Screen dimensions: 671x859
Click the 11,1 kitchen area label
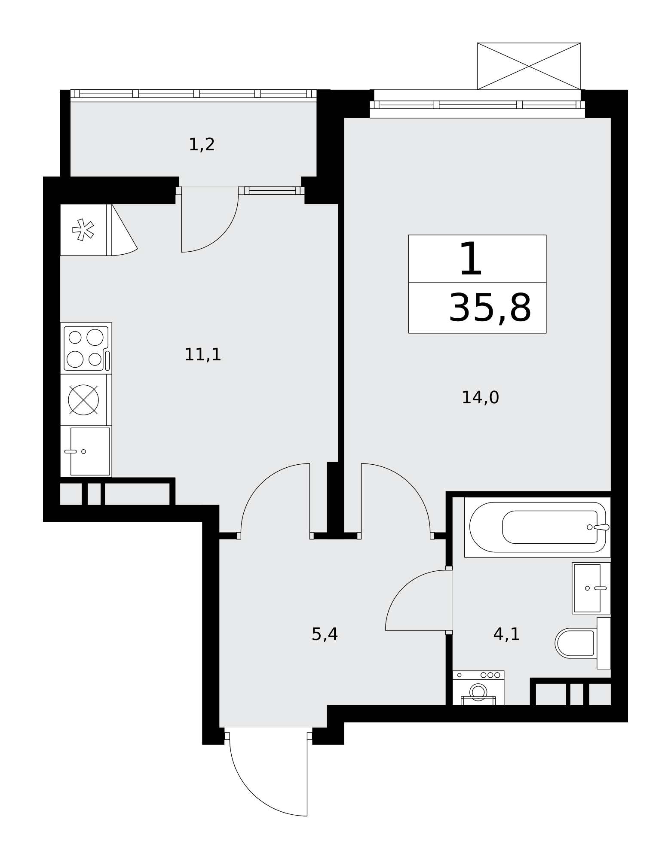point(202,355)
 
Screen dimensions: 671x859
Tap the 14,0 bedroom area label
point(480,398)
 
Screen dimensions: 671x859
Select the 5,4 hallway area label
point(325,634)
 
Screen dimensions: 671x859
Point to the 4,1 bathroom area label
point(506,634)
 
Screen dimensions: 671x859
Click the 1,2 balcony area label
point(202,145)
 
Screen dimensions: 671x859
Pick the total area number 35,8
point(490,308)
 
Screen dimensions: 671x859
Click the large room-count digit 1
point(471,259)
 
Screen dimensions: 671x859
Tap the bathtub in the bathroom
point(537,527)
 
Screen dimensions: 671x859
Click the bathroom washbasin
point(591,588)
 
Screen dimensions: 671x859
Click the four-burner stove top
point(86,348)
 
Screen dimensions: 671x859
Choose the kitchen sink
point(86,451)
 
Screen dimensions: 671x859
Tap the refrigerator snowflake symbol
point(83,230)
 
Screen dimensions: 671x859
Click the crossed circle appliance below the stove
point(83,400)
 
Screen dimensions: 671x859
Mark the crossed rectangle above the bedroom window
point(529,66)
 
